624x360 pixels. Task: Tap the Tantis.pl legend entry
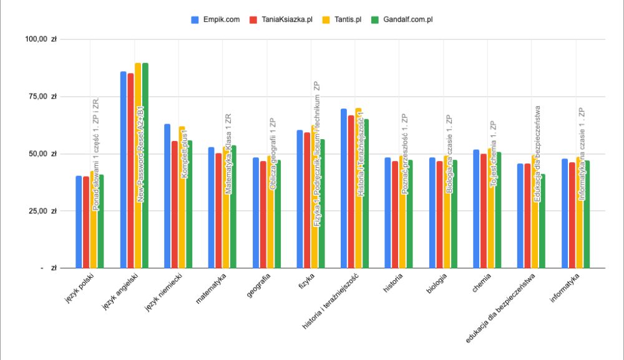tap(345, 19)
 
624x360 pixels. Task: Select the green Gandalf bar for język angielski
tap(145, 165)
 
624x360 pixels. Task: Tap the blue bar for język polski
tap(79, 222)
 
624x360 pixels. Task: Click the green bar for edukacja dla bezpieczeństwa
tap(542, 221)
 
